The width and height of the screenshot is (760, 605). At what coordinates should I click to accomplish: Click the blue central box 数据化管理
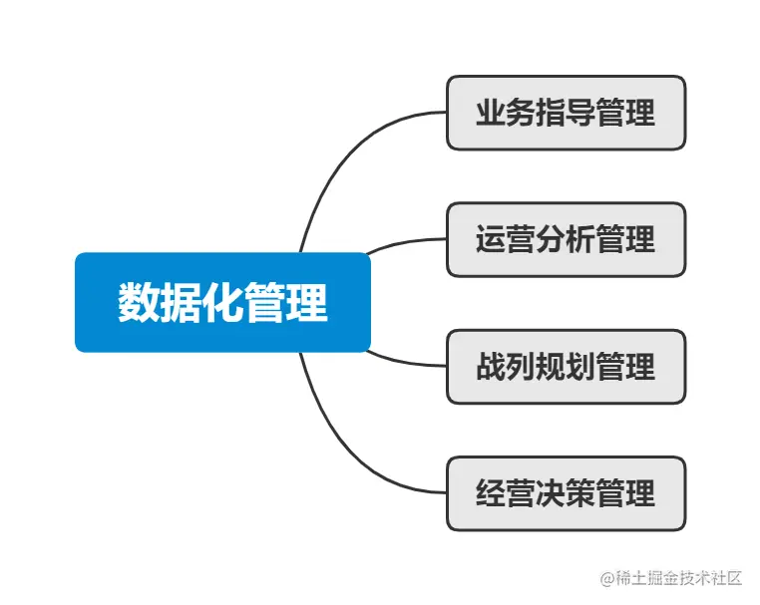[222, 302]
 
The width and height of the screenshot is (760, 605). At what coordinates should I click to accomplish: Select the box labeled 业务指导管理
[566, 113]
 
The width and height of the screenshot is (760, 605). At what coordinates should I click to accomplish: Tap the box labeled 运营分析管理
[566, 239]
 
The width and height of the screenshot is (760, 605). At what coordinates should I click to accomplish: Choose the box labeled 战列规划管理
[566, 366]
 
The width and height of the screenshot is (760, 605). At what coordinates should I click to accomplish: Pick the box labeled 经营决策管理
[566, 492]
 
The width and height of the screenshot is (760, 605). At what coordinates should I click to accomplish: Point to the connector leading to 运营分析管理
[404, 242]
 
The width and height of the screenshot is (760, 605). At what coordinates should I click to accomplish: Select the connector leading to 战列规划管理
[404, 362]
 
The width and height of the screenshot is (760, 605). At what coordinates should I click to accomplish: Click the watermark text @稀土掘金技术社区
[671, 578]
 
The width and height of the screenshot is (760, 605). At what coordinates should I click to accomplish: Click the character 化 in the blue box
[222, 302]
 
